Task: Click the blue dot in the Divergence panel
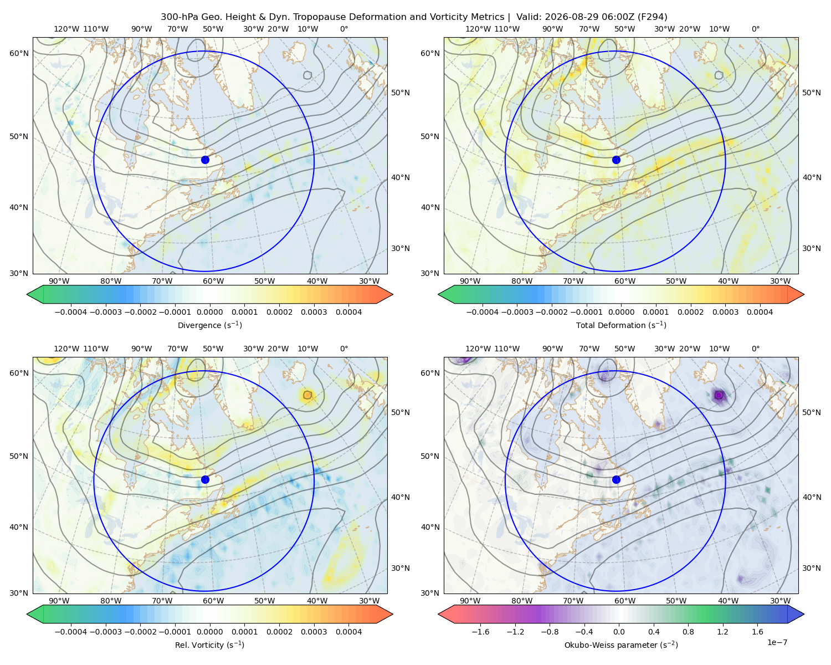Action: tap(205, 160)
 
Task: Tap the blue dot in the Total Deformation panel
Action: tap(616, 160)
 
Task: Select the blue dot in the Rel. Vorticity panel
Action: tap(205, 479)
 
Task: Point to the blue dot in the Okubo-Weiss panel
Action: tap(616, 479)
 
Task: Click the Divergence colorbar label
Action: tap(209, 325)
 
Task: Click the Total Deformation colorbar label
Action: tap(621, 325)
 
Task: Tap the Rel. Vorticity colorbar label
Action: tap(209, 645)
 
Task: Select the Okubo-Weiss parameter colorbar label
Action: tap(621, 645)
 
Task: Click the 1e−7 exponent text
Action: tap(777, 643)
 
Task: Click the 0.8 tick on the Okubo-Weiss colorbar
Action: tap(688, 632)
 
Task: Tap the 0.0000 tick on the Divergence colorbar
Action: tap(209, 312)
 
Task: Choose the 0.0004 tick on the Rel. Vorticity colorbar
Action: tap(348, 632)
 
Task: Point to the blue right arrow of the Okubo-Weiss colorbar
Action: tap(796, 614)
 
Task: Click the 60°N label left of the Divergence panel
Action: tap(19, 53)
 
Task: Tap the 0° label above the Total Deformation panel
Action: tap(755, 29)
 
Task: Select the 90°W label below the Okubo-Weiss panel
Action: tap(470, 601)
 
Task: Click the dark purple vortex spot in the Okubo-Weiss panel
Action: tap(719, 395)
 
